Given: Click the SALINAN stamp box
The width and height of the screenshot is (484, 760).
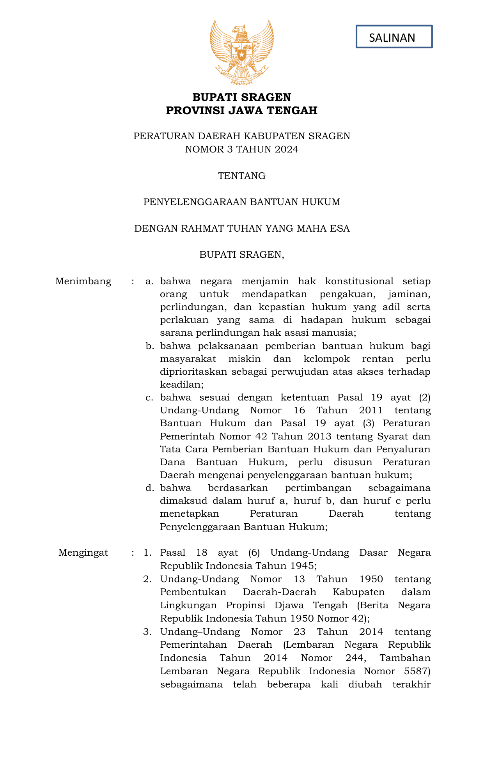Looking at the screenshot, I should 394,37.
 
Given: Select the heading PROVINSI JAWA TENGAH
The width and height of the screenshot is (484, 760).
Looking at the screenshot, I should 242,111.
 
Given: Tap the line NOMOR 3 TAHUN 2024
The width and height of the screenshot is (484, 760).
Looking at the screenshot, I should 242,149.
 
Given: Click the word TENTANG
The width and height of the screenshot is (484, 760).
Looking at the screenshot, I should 242,176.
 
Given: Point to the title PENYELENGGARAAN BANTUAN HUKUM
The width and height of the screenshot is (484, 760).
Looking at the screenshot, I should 242,202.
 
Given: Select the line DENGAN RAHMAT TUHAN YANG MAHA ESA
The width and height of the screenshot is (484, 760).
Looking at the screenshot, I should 242,229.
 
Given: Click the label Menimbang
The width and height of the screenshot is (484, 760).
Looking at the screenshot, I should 83,281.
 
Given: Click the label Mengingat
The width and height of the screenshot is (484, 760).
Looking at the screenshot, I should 83,553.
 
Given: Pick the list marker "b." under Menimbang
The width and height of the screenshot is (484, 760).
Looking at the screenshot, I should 150,346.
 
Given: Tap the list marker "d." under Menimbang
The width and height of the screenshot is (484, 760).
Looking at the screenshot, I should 150,488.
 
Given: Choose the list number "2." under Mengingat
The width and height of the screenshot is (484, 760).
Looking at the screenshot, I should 147,579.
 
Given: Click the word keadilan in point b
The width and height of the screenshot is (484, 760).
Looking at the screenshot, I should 181,384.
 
